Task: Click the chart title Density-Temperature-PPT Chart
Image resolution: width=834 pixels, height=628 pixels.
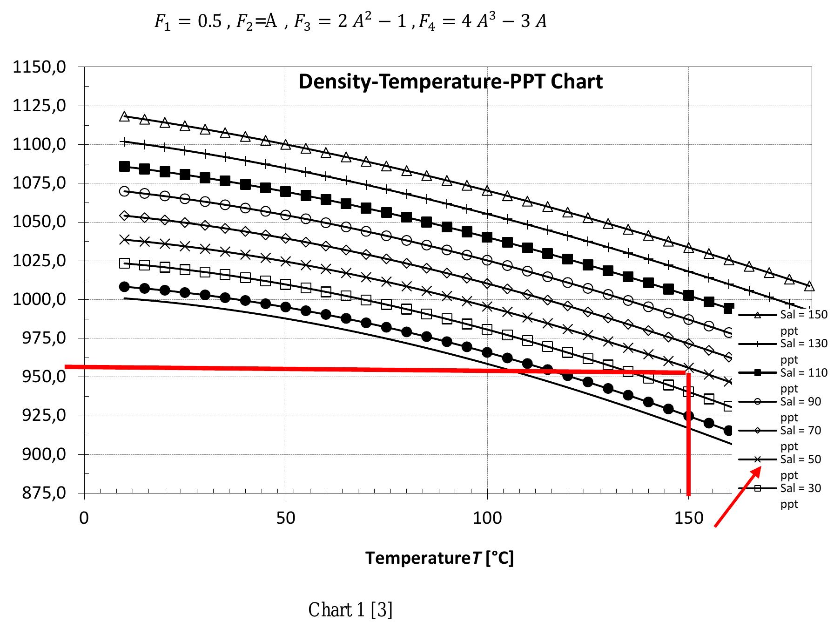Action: [450, 82]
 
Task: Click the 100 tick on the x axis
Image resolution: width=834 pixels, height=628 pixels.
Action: [487, 518]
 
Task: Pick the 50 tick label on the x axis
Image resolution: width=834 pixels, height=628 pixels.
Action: [285, 518]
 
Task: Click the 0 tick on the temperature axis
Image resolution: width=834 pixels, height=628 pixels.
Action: [84, 518]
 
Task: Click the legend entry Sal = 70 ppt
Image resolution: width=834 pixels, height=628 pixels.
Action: [800, 431]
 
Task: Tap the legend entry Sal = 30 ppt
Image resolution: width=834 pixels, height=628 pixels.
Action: [800, 488]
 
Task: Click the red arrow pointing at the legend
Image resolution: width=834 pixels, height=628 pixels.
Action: [738, 497]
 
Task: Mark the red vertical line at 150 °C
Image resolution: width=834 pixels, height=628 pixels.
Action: [688, 433]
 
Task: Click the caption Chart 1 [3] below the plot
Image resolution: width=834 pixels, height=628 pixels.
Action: [350, 609]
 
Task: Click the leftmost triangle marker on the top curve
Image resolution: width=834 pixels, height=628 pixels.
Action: [124, 116]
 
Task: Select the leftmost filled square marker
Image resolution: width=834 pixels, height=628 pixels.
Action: [124, 166]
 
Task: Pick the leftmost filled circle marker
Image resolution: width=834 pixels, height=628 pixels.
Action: [124, 286]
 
